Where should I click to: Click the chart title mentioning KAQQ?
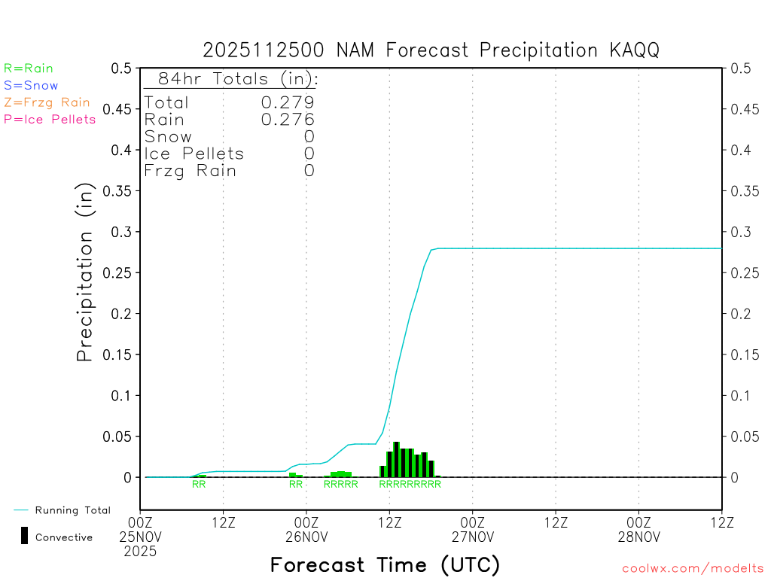431,50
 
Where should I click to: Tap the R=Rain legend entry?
29,68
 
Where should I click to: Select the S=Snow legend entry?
31,86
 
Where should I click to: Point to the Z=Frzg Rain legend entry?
47,102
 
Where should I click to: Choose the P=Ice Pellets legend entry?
50,119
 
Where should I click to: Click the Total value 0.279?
288,102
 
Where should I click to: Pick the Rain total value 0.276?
288,119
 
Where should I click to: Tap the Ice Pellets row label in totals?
194,154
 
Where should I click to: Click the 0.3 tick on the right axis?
741,232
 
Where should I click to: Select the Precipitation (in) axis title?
86,272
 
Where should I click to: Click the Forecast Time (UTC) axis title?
385,564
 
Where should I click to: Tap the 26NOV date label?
306,537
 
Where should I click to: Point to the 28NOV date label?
638,537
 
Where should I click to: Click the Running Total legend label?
72,510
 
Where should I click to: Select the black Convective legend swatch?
24,536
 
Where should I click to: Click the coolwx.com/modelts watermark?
693,569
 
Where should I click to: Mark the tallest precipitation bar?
397,459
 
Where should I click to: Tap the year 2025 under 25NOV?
141,552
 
